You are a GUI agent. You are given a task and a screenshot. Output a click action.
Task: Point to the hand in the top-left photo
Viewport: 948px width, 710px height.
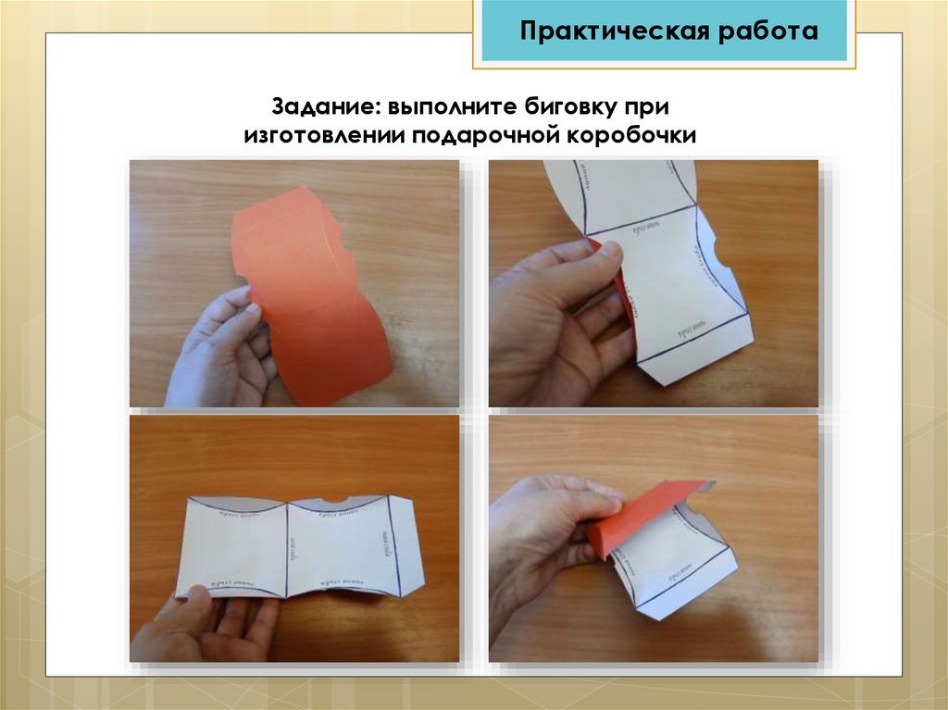218,352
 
